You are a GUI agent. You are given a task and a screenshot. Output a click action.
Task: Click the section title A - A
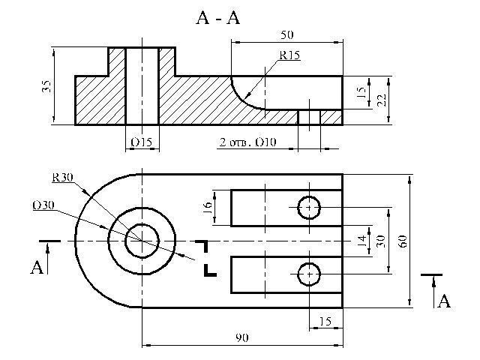pos(218,18)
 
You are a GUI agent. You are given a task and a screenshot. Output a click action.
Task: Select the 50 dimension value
pos(286,35)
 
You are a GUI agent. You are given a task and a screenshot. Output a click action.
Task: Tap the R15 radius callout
pos(289,55)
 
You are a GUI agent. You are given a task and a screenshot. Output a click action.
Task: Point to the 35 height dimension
pos(46,86)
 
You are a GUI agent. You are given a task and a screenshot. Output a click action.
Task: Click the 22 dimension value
pos(382,100)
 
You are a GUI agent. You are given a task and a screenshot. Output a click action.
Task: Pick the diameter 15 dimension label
pos(142,142)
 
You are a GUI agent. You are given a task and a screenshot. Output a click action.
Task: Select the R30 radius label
pos(62,177)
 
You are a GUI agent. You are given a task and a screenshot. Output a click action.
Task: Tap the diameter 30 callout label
pos(43,205)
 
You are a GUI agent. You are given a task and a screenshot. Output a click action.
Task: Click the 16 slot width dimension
pos(208,207)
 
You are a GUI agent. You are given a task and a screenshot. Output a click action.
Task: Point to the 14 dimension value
pos(361,241)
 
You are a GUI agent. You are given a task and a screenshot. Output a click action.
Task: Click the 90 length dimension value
pos(241,337)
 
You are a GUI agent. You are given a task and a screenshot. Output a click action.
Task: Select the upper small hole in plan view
pos(309,208)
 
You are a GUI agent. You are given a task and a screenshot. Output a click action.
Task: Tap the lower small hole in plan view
pos(309,274)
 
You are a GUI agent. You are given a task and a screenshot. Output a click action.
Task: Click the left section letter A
pos(37,267)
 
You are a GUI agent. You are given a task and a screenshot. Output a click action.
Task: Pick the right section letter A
pos(444,301)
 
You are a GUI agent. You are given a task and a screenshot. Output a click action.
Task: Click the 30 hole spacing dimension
pos(381,241)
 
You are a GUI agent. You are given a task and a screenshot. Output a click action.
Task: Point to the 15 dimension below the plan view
pos(325,321)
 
